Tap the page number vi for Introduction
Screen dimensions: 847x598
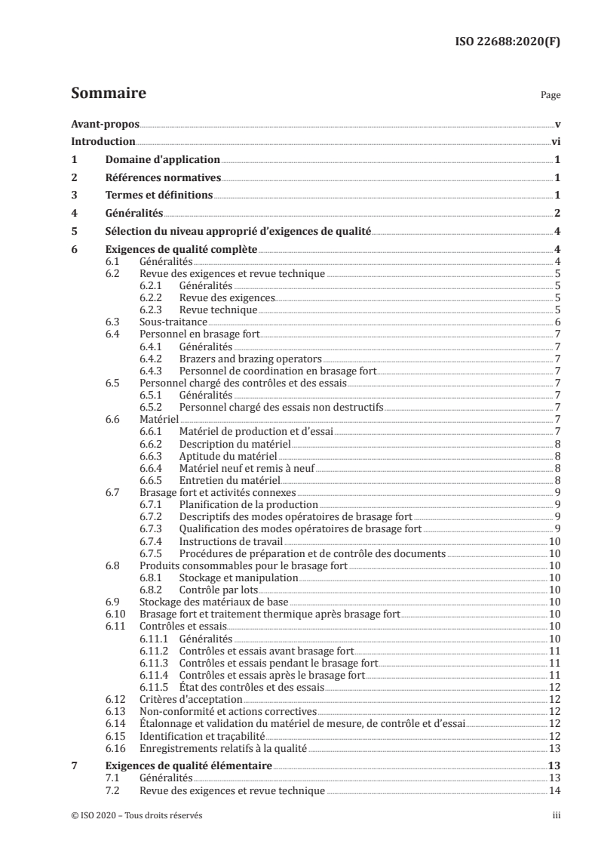554,141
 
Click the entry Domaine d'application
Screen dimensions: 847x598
162,159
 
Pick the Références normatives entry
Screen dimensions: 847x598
163,177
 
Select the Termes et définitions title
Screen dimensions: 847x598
159,196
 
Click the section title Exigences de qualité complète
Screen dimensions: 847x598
181,248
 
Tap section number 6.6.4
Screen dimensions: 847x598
154,468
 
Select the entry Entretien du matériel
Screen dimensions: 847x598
229,480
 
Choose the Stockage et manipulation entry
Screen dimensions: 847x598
238,577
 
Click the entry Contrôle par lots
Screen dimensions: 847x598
219,589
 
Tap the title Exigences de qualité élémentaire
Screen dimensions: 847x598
189,766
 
